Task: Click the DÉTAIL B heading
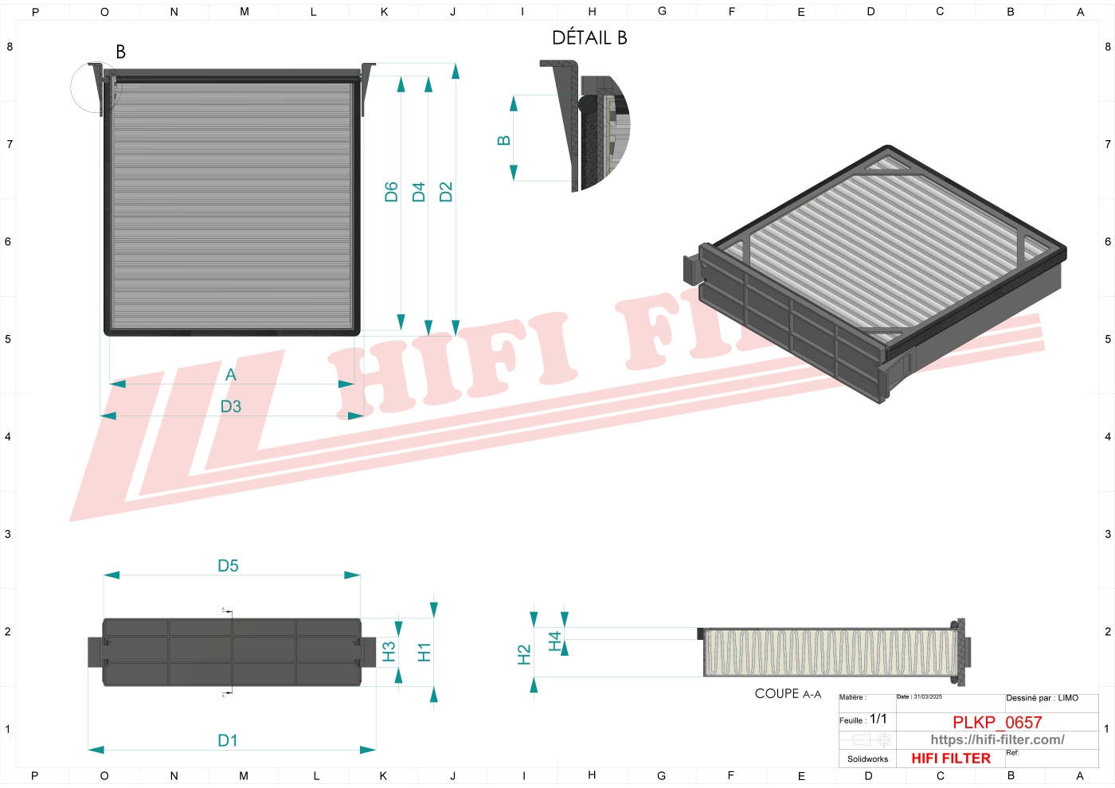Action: pyautogui.click(x=589, y=38)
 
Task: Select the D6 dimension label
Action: pyautogui.click(x=391, y=192)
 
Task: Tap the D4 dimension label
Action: pyautogui.click(x=419, y=192)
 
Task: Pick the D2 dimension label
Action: pyautogui.click(x=446, y=192)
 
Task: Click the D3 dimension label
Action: pyautogui.click(x=230, y=407)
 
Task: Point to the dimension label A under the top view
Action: pyautogui.click(x=231, y=375)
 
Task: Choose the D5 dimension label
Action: pyautogui.click(x=228, y=566)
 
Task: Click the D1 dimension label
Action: pyautogui.click(x=228, y=741)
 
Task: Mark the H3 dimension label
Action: pyautogui.click(x=389, y=653)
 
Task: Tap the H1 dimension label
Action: pyautogui.click(x=424, y=653)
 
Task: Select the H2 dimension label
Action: pyautogui.click(x=524, y=655)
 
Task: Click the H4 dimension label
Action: pyautogui.click(x=555, y=641)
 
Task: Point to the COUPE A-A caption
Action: pyautogui.click(x=788, y=694)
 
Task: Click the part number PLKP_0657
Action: pyautogui.click(x=997, y=723)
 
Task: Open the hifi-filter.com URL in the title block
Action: pyautogui.click(x=997, y=740)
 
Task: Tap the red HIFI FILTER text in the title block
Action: pyautogui.click(x=951, y=759)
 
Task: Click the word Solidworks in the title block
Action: pyautogui.click(x=867, y=759)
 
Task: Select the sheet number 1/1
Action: pyautogui.click(x=878, y=719)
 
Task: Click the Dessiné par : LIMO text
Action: pyautogui.click(x=1042, y=698)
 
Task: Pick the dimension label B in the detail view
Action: pyautogui.click(x=503, y=141)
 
